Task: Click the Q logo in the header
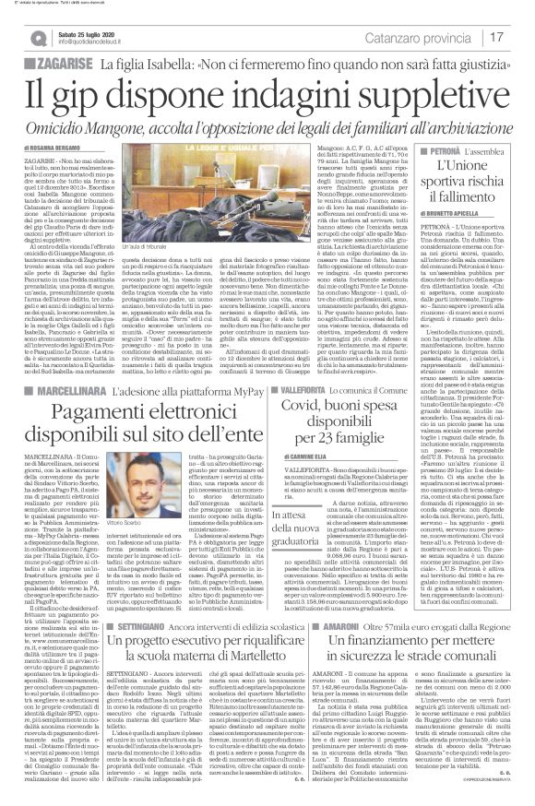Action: click(35, 38)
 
